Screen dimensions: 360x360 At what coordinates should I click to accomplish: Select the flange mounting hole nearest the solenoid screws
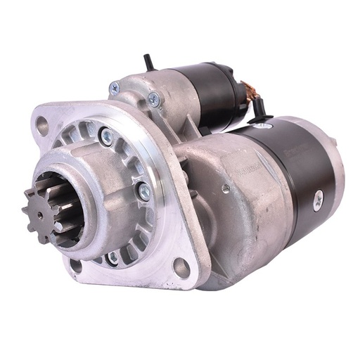click(42, 126)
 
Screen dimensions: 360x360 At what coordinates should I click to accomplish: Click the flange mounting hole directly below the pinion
click(75, 266)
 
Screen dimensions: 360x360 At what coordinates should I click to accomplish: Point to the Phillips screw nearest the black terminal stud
click(153, 99)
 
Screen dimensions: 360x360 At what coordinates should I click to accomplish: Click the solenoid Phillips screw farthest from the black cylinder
click(114, 88)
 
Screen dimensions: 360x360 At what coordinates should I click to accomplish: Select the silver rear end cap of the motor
click(336, 169)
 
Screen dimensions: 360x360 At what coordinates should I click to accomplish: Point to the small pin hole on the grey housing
click(225, 188)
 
